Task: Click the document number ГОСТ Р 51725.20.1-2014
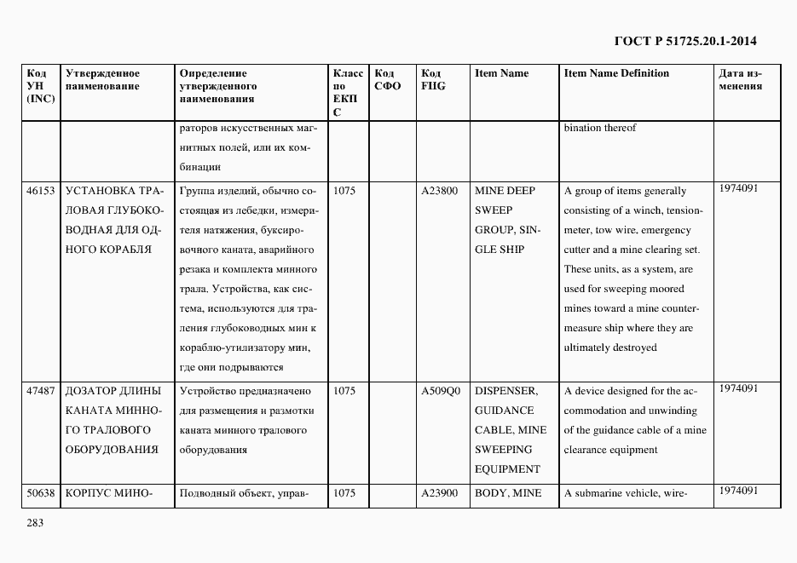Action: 685,40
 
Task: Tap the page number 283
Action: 35,522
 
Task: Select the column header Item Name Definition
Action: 616,73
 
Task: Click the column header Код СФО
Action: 388,79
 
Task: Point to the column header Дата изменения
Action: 740,79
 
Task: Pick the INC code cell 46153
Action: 41,191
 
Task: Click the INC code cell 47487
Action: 41,391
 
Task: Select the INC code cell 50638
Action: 41,492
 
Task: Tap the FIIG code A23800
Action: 440,191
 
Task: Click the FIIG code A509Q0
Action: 441,391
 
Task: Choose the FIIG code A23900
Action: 440,492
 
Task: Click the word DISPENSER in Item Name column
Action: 505,391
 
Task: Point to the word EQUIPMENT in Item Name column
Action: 507,469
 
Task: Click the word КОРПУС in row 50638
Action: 88,492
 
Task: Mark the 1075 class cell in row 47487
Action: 344,391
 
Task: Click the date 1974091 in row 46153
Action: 738,188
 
